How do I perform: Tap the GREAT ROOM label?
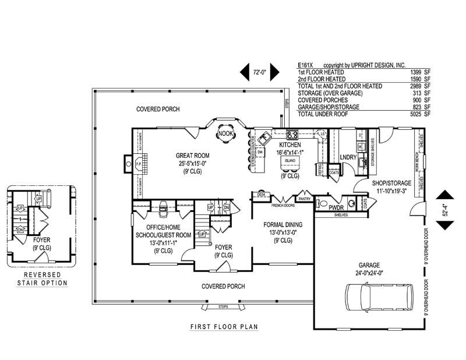click(193, 156)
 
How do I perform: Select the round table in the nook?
click(225, 133)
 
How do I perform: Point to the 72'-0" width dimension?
click(259, 73)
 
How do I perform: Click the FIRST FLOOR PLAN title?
click(224, 327)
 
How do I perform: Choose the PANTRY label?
click(303, 198)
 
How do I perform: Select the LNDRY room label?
click(348, 157)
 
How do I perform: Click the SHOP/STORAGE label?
click(391, 183)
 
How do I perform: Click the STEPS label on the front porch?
click(223, 306)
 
